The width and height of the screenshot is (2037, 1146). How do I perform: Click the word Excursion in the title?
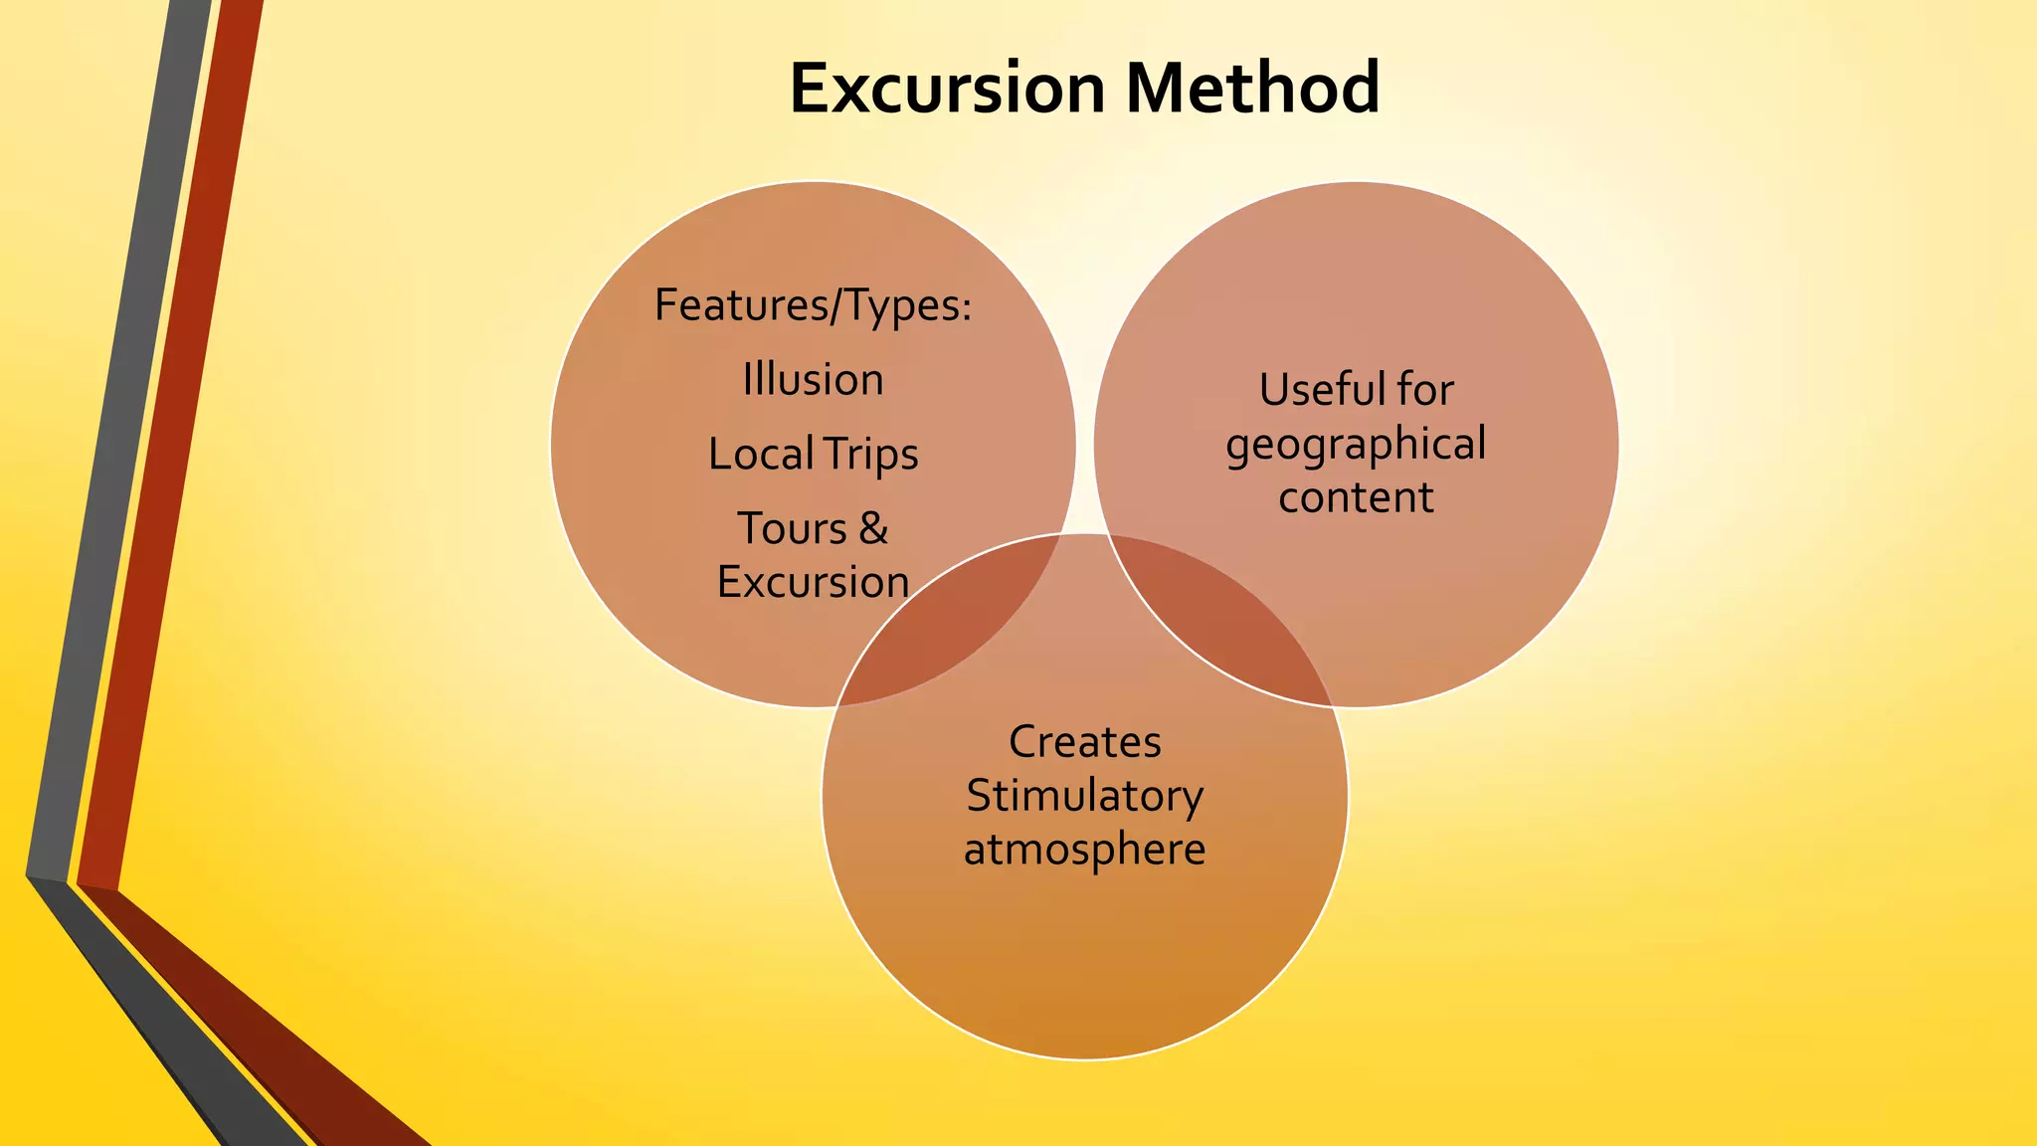pos(947,89)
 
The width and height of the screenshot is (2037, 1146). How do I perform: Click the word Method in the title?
pos(1252,89)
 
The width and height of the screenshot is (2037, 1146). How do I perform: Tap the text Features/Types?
pos(813,305)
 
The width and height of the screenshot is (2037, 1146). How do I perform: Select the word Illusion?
pos(813,380)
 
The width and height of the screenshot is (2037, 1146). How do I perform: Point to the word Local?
pos(761,455)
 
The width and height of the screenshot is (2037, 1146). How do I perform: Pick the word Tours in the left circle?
pos(792,528)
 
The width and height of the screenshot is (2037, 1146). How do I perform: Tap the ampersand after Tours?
pos(873,528)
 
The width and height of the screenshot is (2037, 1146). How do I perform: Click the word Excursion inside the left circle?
pos(813,582)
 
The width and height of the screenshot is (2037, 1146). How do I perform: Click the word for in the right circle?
pos(1425,389)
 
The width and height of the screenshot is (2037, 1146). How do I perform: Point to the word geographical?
pos(1356,445)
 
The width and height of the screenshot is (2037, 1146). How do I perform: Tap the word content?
pos(1356,497)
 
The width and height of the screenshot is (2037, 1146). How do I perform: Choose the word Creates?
pos(1084,742)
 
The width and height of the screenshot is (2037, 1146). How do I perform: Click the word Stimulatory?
pos(1084,796)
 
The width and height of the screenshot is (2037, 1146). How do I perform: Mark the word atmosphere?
pos(1084,850)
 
